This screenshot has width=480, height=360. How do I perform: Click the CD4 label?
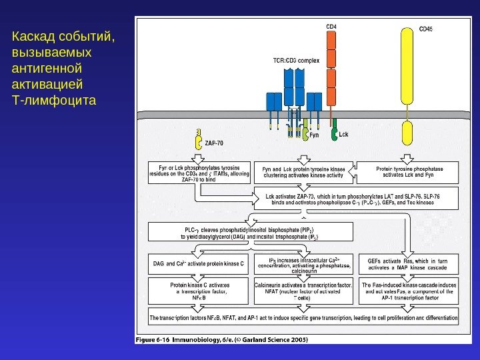coord(331,26)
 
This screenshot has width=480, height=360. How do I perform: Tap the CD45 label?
coord(425,29)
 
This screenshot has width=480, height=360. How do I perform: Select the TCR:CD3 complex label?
coord(296,60)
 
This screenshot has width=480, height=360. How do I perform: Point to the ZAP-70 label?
coord(215,143)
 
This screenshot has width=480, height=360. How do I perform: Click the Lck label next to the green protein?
coord(344,134)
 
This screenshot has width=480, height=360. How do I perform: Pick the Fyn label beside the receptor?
coord(315,135)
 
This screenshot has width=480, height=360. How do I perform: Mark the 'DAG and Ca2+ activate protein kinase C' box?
coord(199,264)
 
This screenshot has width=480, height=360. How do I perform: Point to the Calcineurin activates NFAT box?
coord(303,292)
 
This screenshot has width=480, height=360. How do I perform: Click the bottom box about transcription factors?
coord(303,318)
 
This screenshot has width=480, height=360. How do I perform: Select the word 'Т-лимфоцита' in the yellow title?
coord(54,101)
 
